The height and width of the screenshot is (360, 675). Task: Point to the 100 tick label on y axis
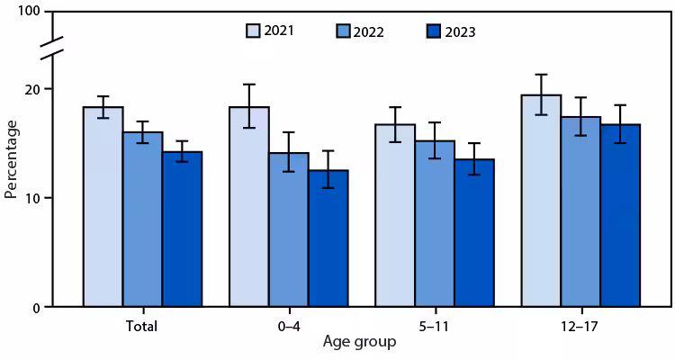(x=31, y=12)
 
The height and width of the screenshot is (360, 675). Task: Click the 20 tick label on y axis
(x=34, y=89)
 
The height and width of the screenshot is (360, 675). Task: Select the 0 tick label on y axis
(x=38, y=308)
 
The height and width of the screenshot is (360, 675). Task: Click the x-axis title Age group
(x=359, y=343)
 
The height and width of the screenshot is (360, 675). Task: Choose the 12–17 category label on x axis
(x=580, y=326)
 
